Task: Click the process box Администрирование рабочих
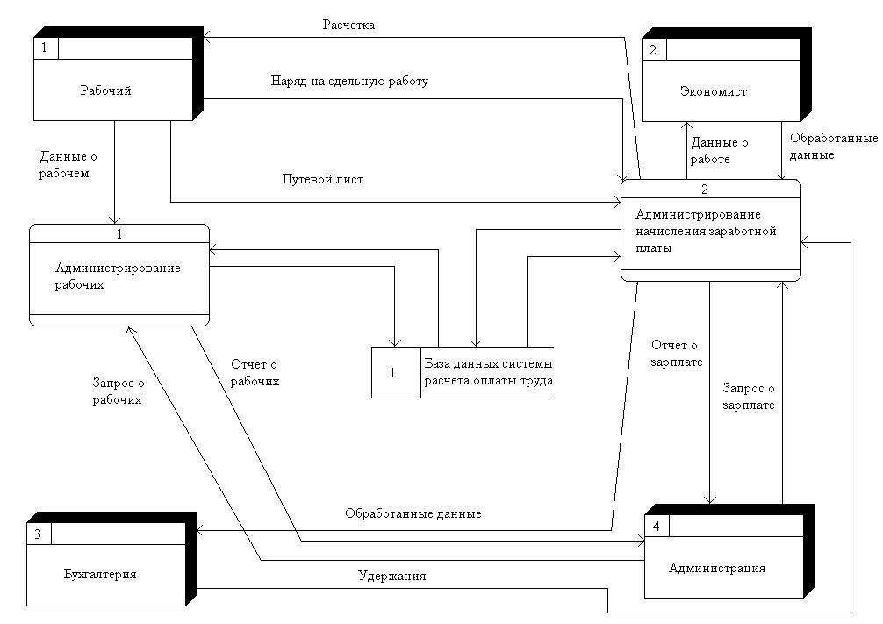(119, 275)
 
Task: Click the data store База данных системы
(488, 372)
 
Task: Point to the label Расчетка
(348, 25)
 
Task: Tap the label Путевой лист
(322, 179)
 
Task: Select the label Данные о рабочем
(64, 165)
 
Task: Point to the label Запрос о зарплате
(749, 396)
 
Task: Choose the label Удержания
(391, 577)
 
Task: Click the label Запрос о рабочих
(118, 391)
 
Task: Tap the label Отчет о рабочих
(255, 372)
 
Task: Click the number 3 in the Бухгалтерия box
(38, 534)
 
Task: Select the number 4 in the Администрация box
(656, 525)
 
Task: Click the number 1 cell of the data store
(392, 372)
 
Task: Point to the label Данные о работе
(720, 151)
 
